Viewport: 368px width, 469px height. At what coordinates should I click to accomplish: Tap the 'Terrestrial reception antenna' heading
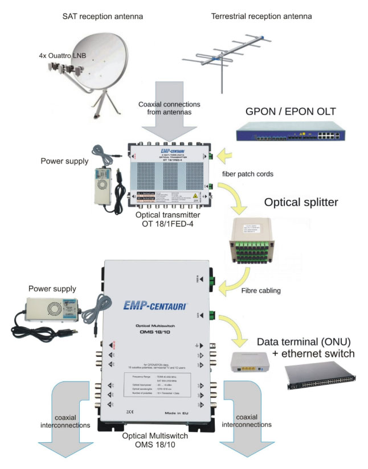[x=261, y=17]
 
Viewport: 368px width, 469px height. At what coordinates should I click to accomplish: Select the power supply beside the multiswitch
[x=55, y=312]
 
